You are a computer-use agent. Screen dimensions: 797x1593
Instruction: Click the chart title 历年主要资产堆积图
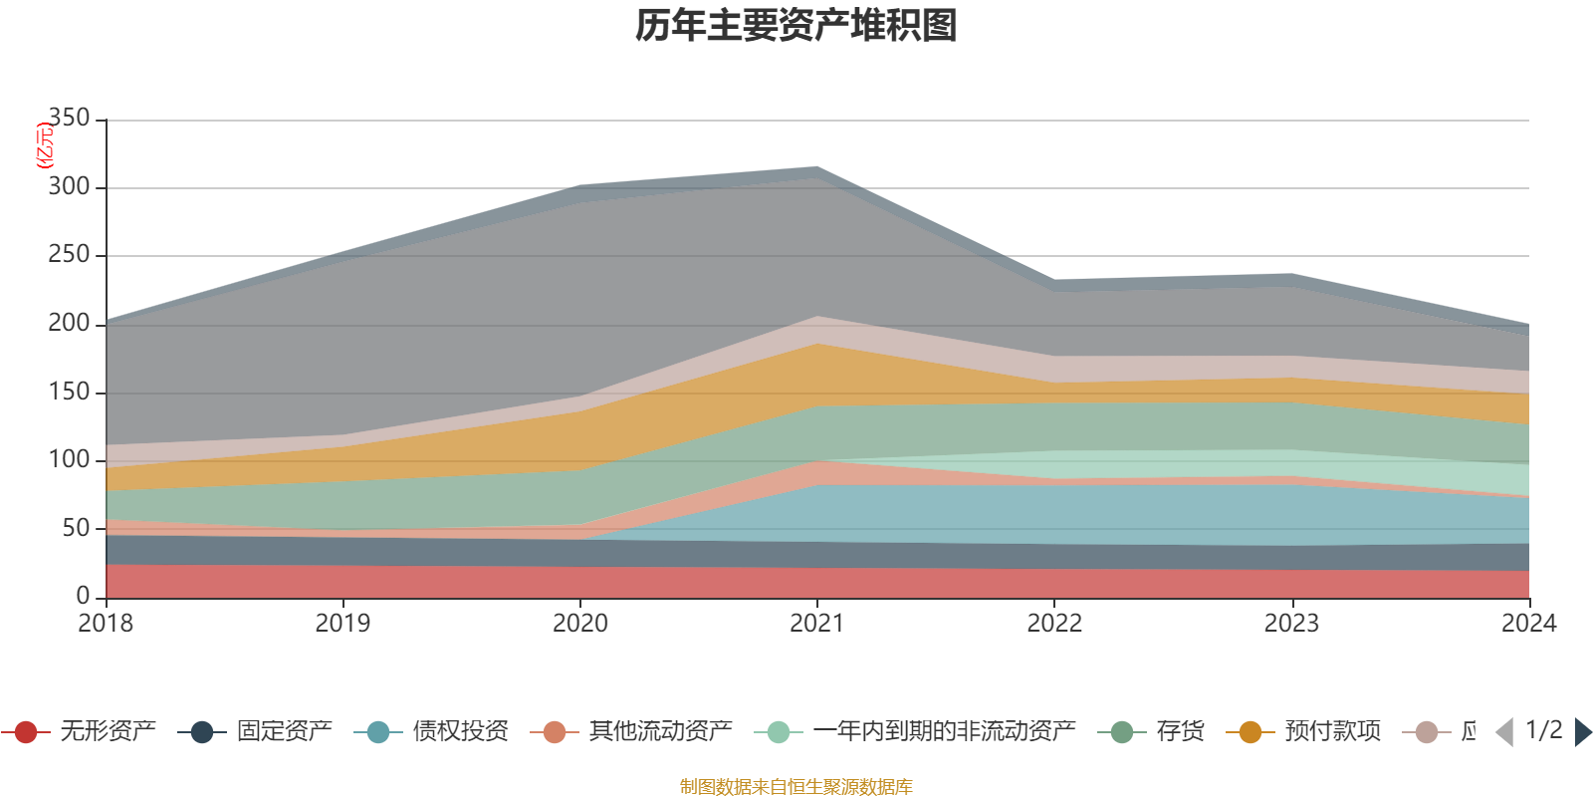click(x=796, y=26)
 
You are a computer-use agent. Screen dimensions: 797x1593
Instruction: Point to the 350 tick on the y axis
click(x=69, y=119)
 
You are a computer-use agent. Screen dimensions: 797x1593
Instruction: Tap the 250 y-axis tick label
click(x=69, y=255)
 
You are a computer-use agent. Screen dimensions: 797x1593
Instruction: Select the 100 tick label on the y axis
click(x=69, y=459)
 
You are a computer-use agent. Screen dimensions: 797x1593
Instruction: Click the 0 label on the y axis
click(x=83, y=596)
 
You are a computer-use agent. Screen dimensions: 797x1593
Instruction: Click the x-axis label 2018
click(x=106, y=624)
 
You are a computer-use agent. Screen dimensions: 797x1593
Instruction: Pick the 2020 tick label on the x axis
click(x=579, y=624)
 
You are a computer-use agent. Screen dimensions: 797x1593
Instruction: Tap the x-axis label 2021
click(x=816, y=624)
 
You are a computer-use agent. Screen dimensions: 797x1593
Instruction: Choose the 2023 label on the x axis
click(x=1291, y=624)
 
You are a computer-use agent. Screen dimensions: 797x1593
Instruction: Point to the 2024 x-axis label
click(x=1528, y=624)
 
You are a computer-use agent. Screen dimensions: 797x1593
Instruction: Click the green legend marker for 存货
click(x=1122, y=733)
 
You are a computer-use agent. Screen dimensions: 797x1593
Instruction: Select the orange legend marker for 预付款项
click(x=1251, y=733)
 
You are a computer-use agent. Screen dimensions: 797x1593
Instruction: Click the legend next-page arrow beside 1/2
click(x=1581, y=732)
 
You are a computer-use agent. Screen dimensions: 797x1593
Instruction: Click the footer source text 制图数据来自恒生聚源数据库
click(x=796, y=787)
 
